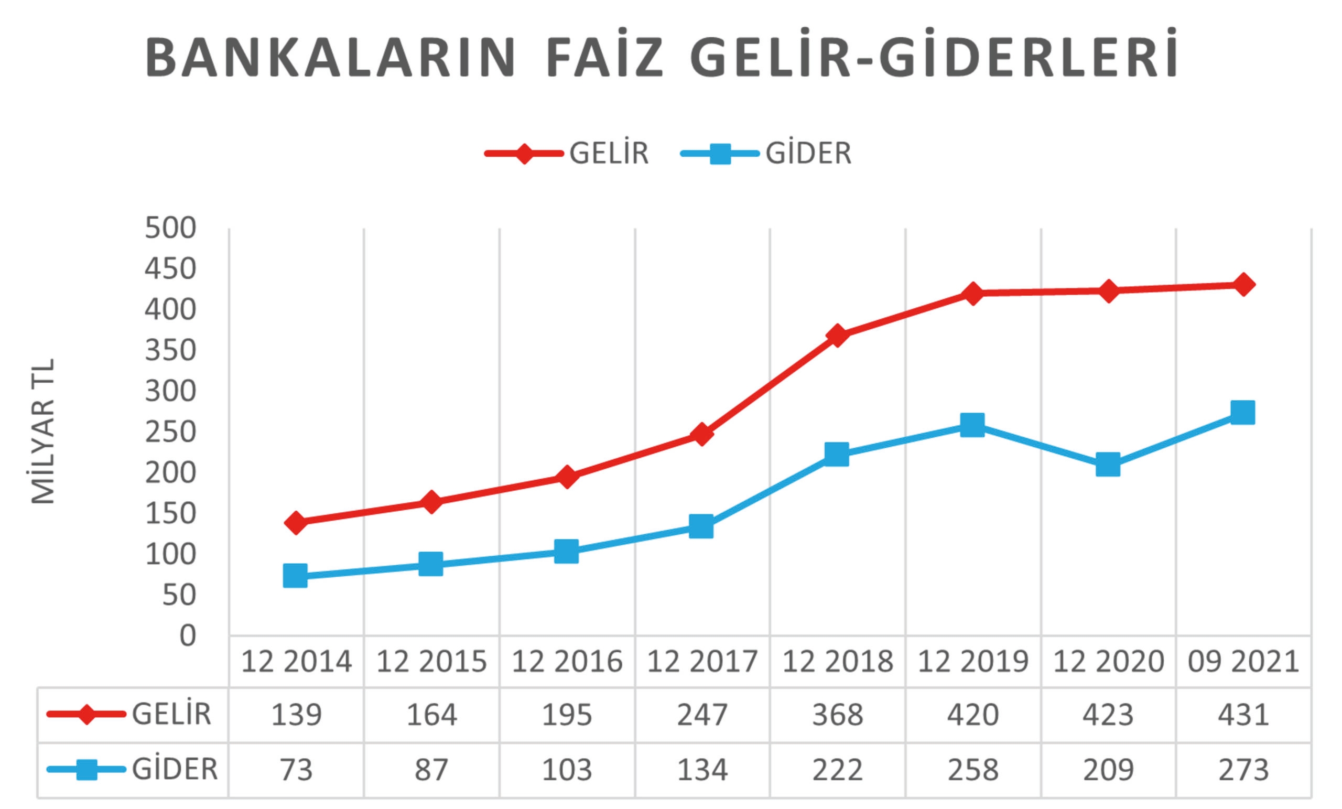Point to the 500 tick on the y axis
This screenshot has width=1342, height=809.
[170, 228]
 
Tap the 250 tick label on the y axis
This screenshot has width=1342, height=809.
[170, 433]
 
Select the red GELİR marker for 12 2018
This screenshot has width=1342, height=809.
[837, 335]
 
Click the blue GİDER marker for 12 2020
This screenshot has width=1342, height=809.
[1108, 464]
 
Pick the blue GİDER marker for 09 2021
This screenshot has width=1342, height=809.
[1243, 413]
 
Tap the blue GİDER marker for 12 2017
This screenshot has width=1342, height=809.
[701, 526]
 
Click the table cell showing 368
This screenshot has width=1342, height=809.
[838, 715]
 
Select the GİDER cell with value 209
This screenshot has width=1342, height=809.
[1108, 770]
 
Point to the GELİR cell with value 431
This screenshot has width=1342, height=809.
[1243, 715]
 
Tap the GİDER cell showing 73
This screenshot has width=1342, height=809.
[296, 770]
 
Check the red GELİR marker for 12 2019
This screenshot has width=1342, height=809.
[973, 294]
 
